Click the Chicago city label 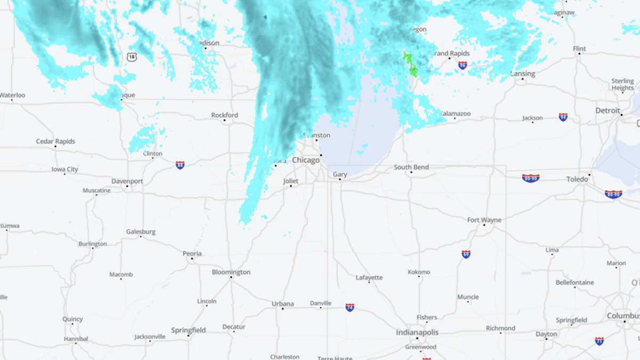[306, 160]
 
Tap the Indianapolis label [417, 332]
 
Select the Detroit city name [607, 110]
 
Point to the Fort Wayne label [484, 220]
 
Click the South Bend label [411, 167]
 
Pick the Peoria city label [192, 253]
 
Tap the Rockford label [225, 115]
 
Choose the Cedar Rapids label [55, 141]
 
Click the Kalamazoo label [455, 114]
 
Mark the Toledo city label [577, 179]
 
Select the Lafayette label [369, 277]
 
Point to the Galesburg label [141, 231]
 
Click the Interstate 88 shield [180, 165]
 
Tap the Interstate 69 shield [466, 254]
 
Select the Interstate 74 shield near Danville [349, 308]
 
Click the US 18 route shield [132, 57]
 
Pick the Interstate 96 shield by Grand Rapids [462, 65]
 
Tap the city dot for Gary [340, 180]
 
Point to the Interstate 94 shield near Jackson [563, 117]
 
